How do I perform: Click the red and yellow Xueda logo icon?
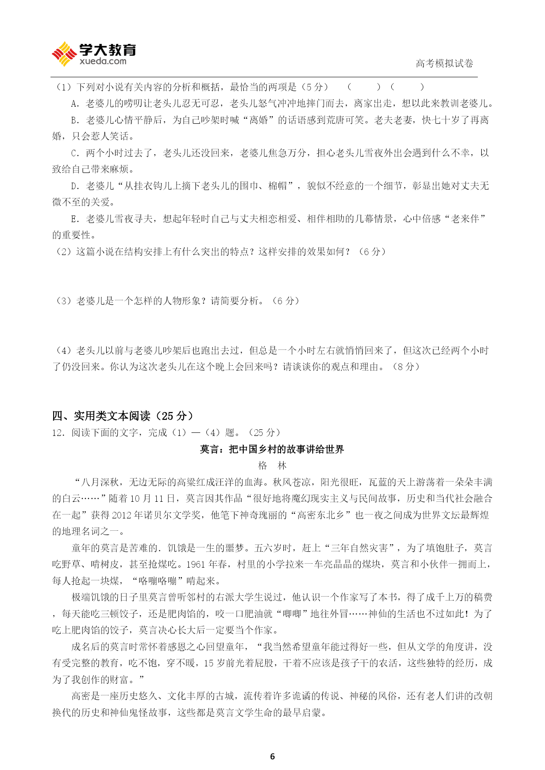point(64,54)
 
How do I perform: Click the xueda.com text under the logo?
point(103,61)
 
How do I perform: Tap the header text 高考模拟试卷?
point(444,64)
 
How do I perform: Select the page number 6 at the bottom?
point(272,756)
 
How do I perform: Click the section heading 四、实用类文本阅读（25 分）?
point(123,416)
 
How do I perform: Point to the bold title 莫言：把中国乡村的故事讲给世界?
point(272,449)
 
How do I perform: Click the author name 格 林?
point(272,465)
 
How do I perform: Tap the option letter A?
point(74,104)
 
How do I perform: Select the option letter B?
point(74,120)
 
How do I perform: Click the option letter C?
point(74,153)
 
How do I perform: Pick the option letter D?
point(74,186)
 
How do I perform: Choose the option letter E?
point(74,219)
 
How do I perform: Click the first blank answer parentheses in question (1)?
point(364,87)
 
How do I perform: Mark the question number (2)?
point(64,252)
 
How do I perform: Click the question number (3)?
point(64,301)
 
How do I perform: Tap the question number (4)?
point(64,350)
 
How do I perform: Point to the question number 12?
point(58,432)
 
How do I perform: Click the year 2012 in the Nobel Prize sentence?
point(122,515)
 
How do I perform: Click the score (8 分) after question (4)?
point(406,367)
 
